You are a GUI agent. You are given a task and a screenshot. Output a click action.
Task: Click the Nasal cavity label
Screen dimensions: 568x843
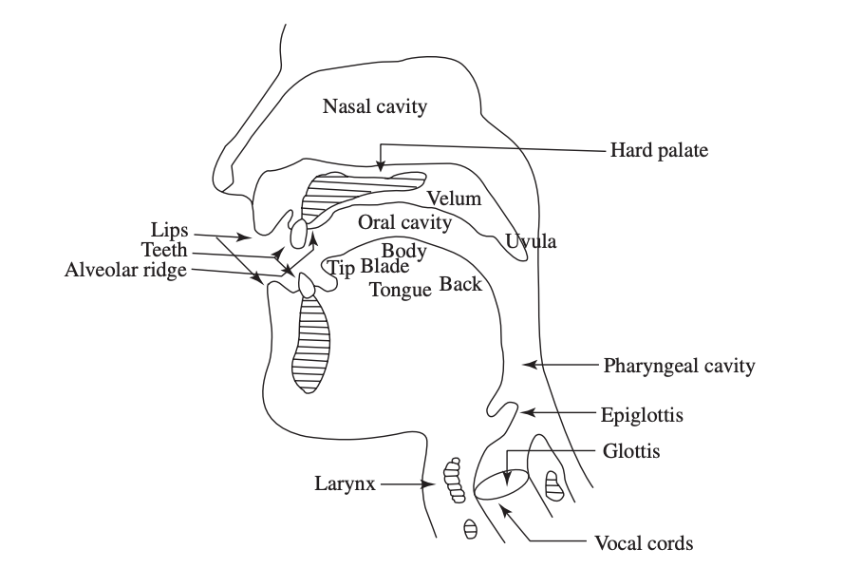pyautogui.click(x=374, y=106)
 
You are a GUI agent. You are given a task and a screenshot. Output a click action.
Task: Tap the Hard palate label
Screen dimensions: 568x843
pyautogui.click(x=659, y=150)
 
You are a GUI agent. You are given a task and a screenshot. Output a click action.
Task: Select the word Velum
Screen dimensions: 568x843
pyautogui.click(x=454, y=199)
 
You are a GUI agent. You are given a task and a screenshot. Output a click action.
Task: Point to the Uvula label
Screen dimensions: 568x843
pyautogui.click(x=531, y=241)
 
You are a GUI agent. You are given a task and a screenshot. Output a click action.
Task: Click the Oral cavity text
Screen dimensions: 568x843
pyautogui.click(x=404, y=222)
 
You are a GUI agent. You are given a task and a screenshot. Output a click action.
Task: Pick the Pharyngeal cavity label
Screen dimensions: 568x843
pyautogui.click(x=679, y=365)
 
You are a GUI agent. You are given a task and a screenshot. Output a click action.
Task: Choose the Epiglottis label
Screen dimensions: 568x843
pyautogui.click(x=643, y=414)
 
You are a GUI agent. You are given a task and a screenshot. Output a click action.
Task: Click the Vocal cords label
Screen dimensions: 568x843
pyautogui.click(x=644, y=543)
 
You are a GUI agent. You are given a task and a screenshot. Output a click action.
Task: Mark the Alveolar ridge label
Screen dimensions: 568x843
pyautogui.click(x=126, y=270)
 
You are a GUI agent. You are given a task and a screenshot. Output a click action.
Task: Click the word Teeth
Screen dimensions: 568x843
pyautogui.click(x=164, y=251)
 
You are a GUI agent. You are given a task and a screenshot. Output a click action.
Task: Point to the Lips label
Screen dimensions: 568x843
pyautogui.click(x=171, y=230)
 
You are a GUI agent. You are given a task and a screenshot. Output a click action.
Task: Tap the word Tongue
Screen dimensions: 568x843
pyautogui.click(x=401, y=291)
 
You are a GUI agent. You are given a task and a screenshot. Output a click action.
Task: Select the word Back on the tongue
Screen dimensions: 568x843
pyautogui.click(x=460, y=283)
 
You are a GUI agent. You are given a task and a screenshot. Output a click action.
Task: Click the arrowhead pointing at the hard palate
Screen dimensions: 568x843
pyautogui.click(x=381, y=167)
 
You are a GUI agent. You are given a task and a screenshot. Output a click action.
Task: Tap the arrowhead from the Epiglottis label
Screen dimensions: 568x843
pyautogui.click(x=526, y=413)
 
